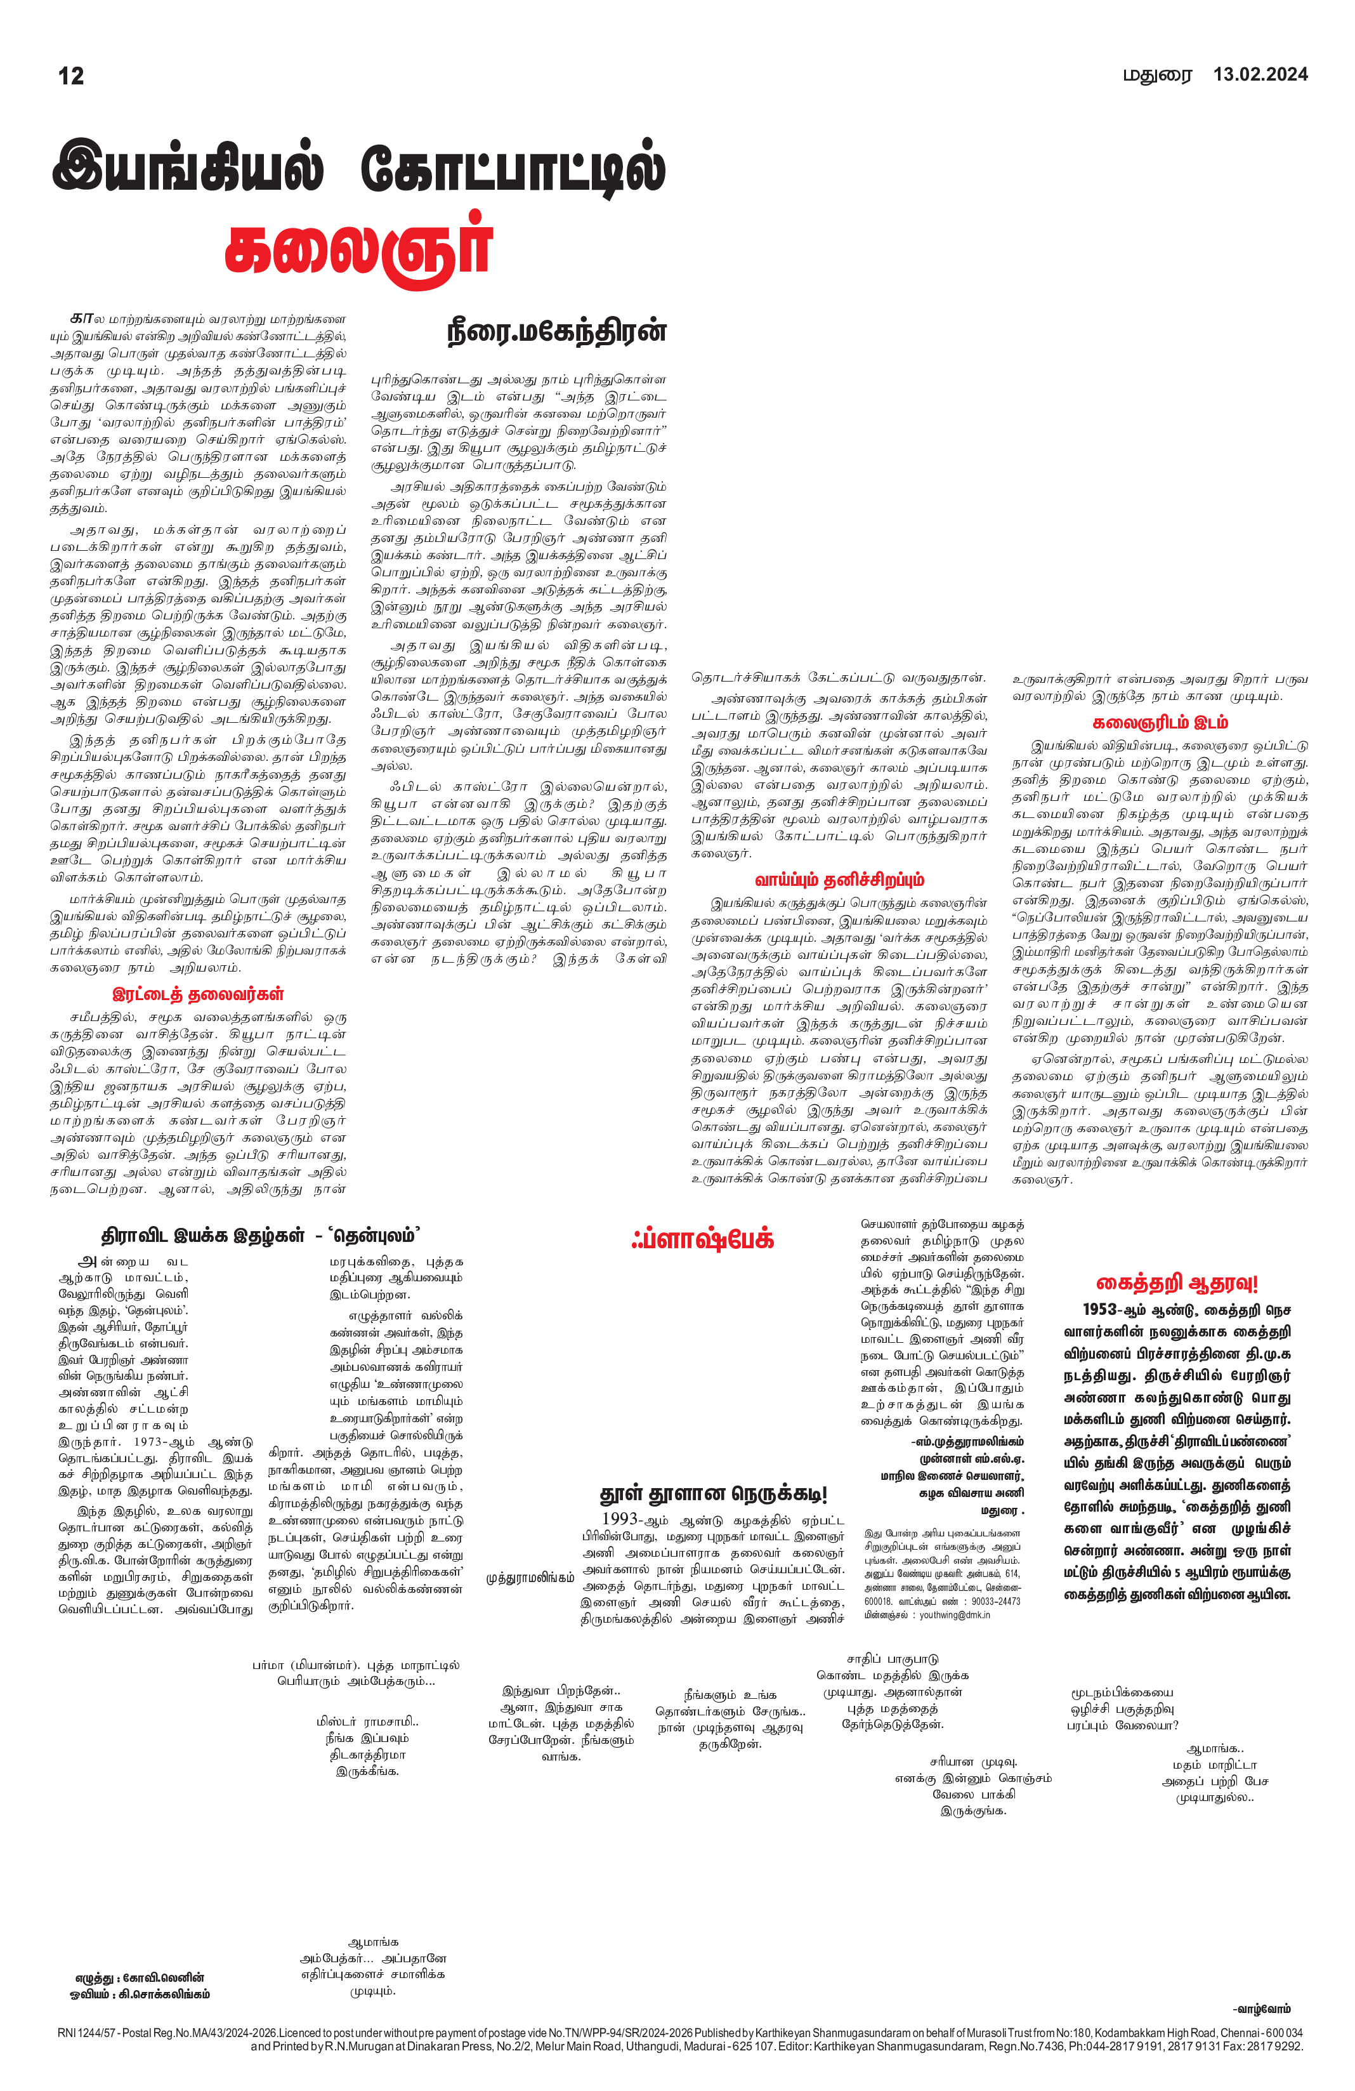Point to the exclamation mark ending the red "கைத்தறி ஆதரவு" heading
click(x=1254, y=1284)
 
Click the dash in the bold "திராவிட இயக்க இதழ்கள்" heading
click(x=319, y=1237)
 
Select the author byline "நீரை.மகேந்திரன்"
click(x=557, y=331)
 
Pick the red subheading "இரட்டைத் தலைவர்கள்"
click(x=199, y=994)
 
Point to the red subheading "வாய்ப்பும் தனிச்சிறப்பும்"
click(x=839, y=880)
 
